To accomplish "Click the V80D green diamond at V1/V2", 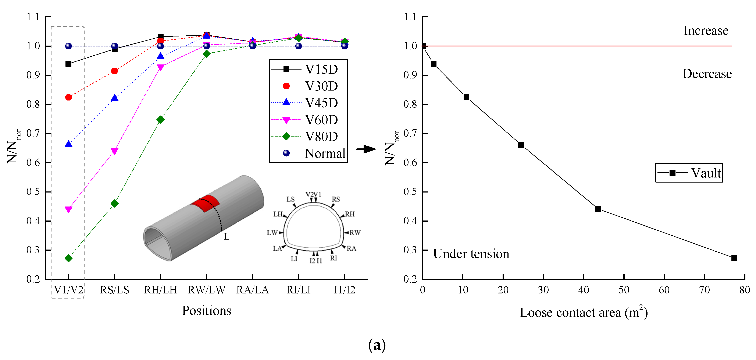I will click(x=68, y=258).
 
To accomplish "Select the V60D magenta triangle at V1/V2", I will click(x=68, y=209).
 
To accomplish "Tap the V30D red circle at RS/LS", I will click(x=114, y=71).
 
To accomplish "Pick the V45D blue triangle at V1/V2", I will click(x=68, y=144).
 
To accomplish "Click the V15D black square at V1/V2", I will click(x=68, y=64).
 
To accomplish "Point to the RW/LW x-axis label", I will click(x=206, y=290).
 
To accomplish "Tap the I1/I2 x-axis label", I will click(x=345, y=290).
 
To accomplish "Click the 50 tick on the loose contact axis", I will click(x=624, y=290).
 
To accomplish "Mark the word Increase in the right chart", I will click(x=706, y=31).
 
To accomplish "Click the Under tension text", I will click(x=471, y=254).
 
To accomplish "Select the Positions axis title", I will click(x=206, y=311).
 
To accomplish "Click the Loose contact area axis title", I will click(x=584, y=313).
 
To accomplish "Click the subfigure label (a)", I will click(x=377, y=345).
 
